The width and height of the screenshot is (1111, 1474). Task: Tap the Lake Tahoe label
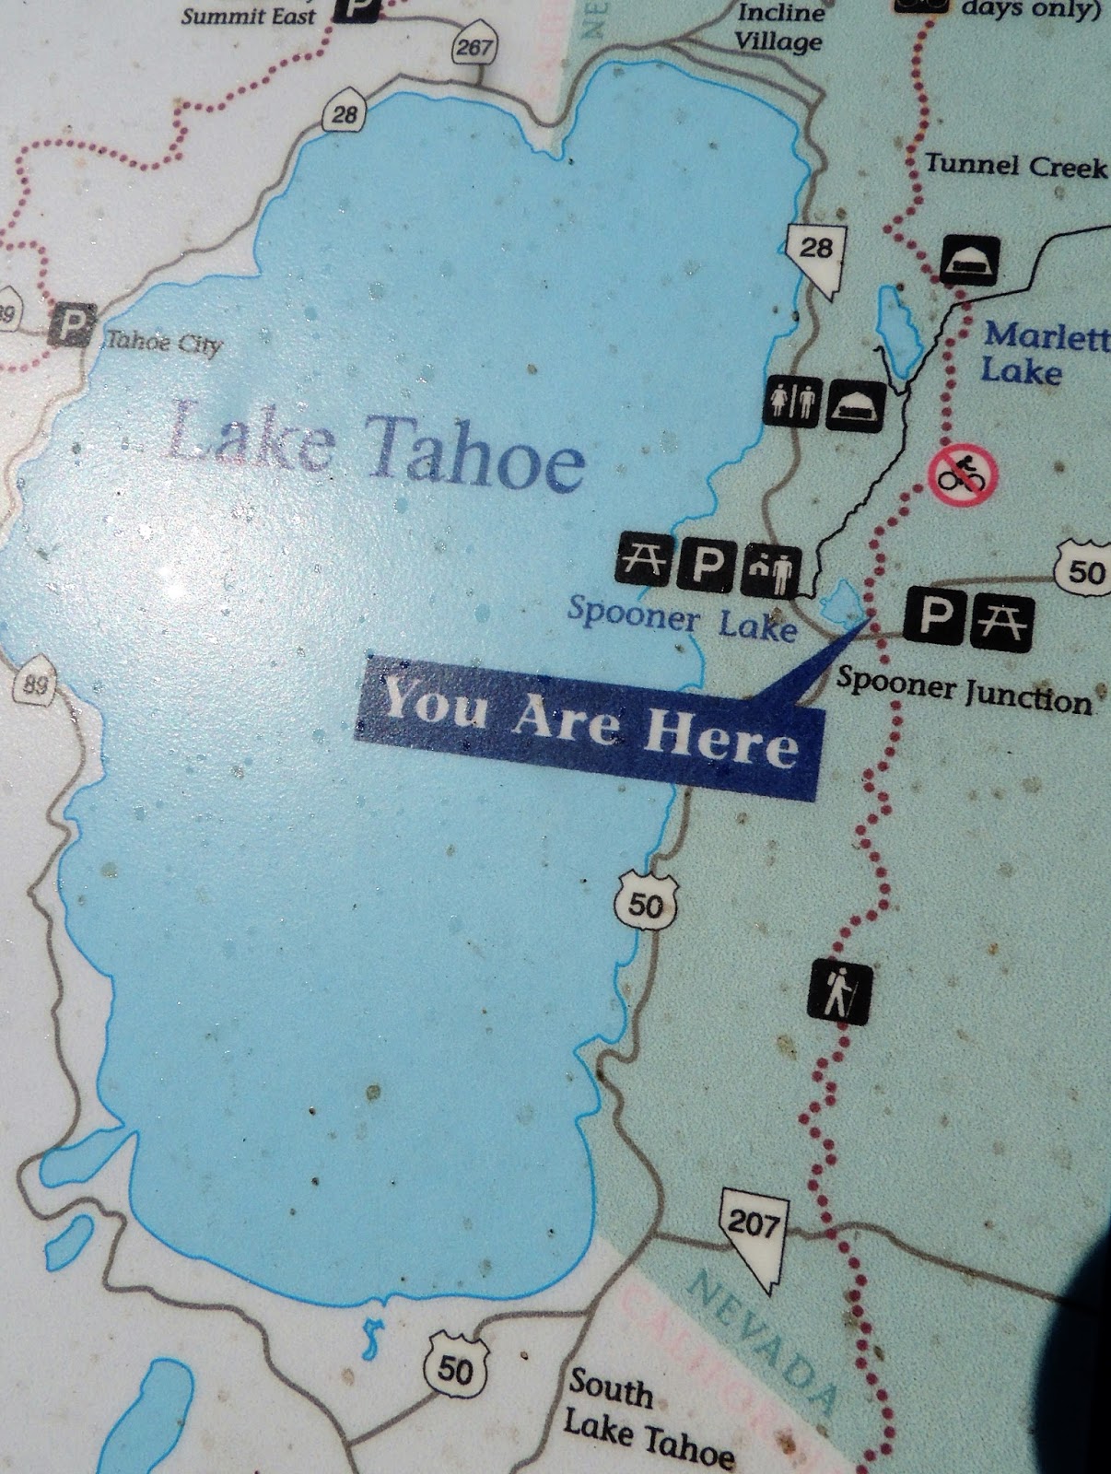[x=376, y=446]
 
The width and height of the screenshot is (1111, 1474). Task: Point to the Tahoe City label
[x=165, y=343]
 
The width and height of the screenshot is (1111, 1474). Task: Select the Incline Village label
[x=778, y=29]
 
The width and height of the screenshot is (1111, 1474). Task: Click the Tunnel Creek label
[x=1016, y=166]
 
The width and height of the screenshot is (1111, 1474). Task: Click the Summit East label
[x=249, y=17]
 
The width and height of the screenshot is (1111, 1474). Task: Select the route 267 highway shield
[x=474, y=47]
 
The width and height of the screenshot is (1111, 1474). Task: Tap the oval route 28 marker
[x=345, y=115]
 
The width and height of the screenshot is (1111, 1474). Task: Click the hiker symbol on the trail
[x=838, y=993]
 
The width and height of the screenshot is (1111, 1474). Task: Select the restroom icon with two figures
[x=793, y=401]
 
